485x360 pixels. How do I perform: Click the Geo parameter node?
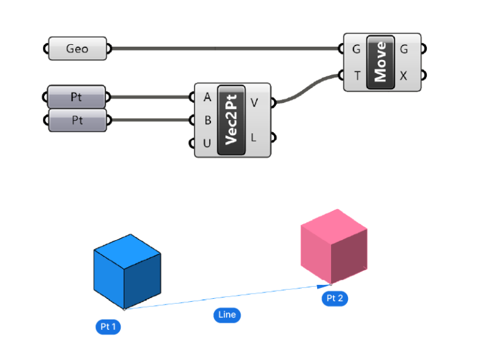click(78, 49)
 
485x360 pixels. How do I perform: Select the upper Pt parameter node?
click(76, 97)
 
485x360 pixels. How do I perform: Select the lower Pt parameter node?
click(76, 119)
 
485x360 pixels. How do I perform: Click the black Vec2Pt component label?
click(231, 120)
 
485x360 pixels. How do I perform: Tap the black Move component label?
click(380, 63)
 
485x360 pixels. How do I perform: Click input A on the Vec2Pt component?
click(207, 97)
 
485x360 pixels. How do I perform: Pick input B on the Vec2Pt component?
click(207, 120)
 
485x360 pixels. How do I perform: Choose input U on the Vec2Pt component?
click(207, 143)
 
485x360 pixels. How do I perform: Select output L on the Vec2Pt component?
click(254, 136)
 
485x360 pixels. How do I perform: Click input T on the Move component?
click(357, 76)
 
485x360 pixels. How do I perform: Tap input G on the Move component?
click(357, 49)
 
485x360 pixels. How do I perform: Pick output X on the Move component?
click(404, 76)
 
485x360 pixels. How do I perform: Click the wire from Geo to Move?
click(221, 48)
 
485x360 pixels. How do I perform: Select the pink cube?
click(334, 247)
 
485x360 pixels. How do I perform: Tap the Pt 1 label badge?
click(108, 327)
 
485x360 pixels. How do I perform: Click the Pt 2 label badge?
click(334, 299)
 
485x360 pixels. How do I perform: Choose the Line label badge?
click(227, 315)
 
